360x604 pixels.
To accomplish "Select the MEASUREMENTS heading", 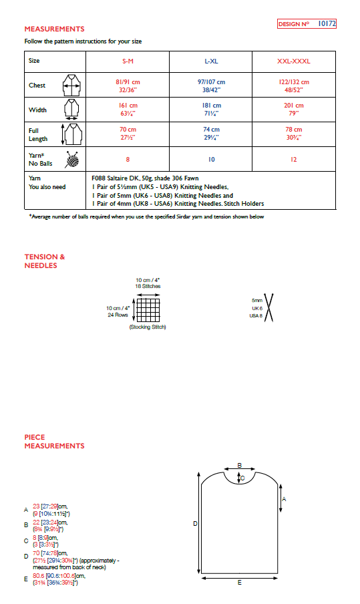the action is (54, 29).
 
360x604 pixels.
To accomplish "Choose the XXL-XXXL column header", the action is (294, 61).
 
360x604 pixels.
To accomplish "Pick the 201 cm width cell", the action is (294, 106).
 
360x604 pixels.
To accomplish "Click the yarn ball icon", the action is (71, 160).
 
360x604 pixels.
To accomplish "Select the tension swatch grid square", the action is (148, 309).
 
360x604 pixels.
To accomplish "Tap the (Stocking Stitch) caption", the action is (148, 327).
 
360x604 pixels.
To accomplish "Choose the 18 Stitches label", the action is (148, 286).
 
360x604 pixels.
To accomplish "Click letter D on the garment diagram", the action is (195, 524).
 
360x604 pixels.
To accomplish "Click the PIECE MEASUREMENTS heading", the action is (54, 442).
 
